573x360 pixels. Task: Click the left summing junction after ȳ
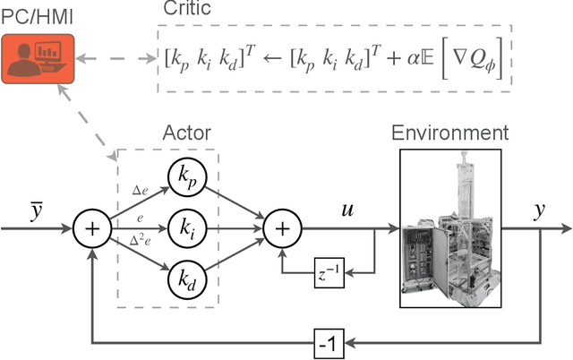click(92, 230)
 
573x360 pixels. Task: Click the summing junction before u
click(282, 230)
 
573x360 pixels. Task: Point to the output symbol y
click(541, 212)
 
